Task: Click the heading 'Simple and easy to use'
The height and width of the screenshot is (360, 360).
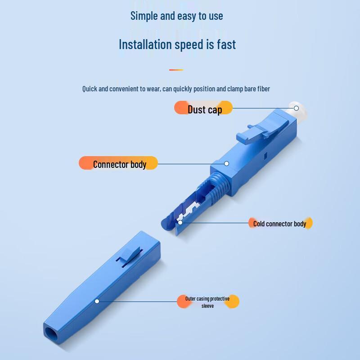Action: click(x=176, y=16)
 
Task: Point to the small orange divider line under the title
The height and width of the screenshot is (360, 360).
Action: click(x=176, y=70)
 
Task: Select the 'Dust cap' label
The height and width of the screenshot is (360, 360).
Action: click(x=204, y=109)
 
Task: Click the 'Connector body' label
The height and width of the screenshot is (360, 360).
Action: click(x=119, y=164)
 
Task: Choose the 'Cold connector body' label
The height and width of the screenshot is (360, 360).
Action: click(x=279, y=224)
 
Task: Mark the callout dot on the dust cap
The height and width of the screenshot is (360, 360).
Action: click(x=296, y=108)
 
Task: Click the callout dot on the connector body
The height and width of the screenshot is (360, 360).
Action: click(x=227, y=164)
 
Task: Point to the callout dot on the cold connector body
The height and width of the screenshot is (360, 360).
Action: click(x=180, y=222)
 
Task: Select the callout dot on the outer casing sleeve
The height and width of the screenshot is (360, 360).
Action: click(x=97, y=301)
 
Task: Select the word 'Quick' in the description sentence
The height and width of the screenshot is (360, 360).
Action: click(x=90, y=89)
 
